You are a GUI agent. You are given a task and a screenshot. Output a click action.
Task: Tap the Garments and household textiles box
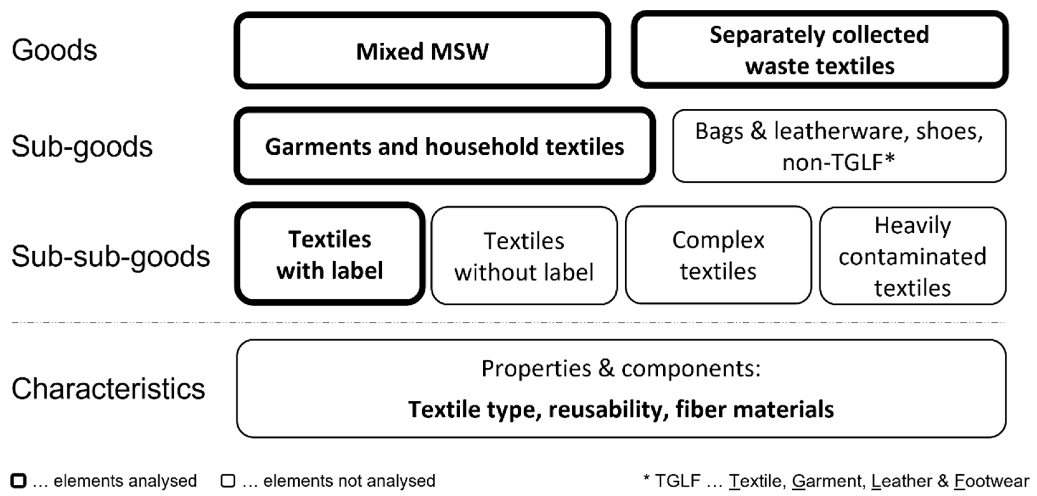tap(444, 146)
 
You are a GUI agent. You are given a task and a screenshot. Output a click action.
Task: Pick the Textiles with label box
tap(330, 254)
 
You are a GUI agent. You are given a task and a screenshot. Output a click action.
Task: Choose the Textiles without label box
tap(524, 256)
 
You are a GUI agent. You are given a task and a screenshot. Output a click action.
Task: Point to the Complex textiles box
tap(718, 255)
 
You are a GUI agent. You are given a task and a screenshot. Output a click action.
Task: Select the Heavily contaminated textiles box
tap(912, 256)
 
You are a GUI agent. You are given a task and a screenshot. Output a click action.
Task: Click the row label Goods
tap(54, 50)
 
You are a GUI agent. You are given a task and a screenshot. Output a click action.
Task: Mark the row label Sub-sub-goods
tap(111, 257)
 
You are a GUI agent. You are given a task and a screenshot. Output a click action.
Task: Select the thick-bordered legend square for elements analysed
tap(18, 481)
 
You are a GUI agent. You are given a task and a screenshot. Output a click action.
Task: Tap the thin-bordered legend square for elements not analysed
tap(228, 481)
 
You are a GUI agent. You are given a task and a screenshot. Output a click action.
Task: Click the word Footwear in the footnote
tap(992, 481)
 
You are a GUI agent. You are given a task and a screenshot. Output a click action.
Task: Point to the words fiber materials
tap(755, 409)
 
